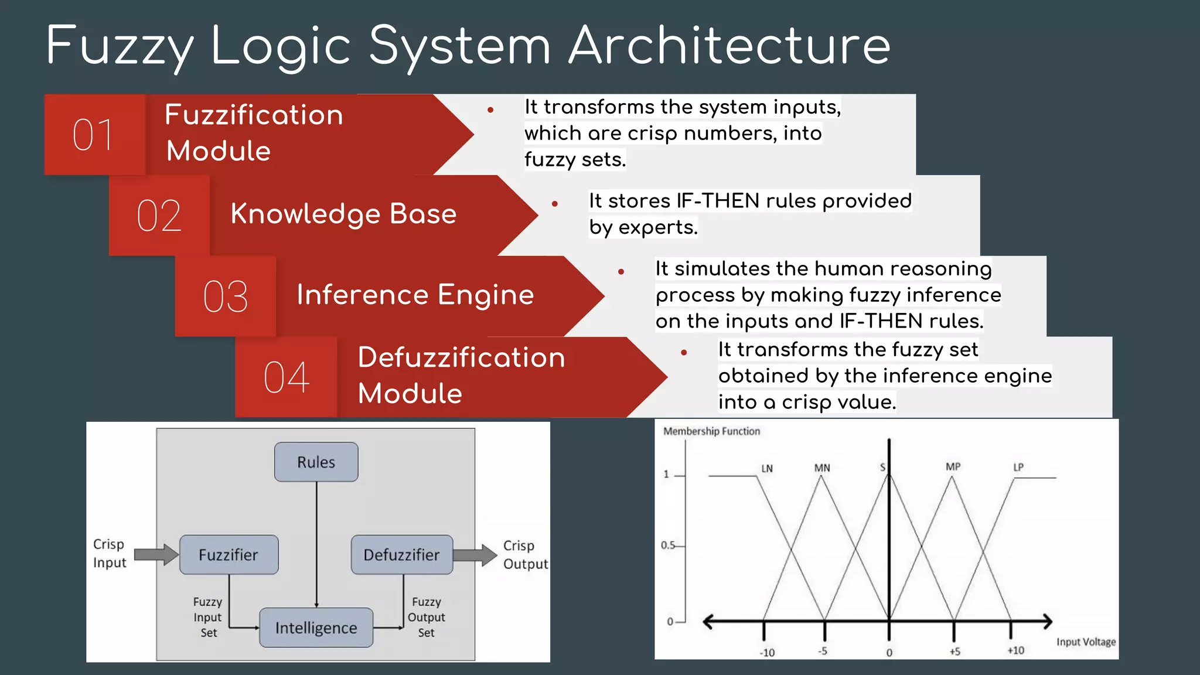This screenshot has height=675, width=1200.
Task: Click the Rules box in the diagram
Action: point(316,462)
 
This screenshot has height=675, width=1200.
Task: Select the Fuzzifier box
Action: point(229,554)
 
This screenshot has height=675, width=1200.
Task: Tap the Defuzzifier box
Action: point(401,554)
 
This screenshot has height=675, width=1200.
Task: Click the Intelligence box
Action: point(316,628)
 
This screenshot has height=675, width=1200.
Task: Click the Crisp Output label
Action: point(525,554)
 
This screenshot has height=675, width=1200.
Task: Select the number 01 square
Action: point(94,135)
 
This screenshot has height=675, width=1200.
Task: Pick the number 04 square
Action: point(286,377)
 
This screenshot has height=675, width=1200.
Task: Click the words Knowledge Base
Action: point(343,214)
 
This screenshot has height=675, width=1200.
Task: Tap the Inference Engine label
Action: point(415,295)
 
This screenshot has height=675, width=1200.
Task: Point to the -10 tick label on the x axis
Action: point(767,653)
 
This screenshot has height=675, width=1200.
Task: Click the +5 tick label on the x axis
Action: point(954,652)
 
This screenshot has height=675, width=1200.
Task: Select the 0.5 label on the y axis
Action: point(668,545)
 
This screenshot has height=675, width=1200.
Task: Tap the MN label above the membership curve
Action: point(822,468)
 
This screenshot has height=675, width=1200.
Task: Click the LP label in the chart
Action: point(1018,467)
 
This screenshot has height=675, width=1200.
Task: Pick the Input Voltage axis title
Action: point(1086,642)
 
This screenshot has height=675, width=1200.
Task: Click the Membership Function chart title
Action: point(711,431)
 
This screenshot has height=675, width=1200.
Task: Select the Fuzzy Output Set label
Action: point(427,617)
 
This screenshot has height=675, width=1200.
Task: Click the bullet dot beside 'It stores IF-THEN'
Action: point(554,204)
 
